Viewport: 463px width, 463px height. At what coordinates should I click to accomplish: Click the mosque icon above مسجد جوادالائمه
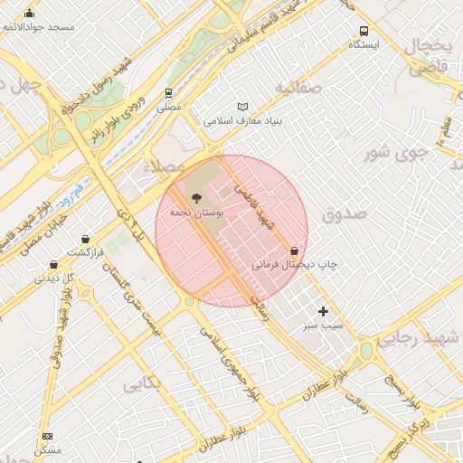(x=30, y=13)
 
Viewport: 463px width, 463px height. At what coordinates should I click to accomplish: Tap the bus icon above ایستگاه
(x=364, y=30)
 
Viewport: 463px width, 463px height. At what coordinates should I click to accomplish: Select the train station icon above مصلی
(x=168, y=93)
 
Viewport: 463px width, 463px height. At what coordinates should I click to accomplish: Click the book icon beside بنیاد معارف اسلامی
(x=241, y=107)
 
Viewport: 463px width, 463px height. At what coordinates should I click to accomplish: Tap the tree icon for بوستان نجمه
(x=195, y=197)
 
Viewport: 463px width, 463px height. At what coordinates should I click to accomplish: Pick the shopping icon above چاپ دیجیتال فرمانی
(x=294, y=250)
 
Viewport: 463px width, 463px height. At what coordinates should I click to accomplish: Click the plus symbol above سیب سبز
(x=323, y=311)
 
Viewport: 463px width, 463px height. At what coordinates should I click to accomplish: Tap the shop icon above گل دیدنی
(x=54, y=265)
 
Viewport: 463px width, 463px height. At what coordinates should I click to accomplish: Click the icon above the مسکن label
(x=47, y=436)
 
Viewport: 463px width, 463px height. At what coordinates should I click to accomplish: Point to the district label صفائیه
(x=298, y=88)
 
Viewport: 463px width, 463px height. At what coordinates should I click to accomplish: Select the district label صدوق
(x=345, y=214)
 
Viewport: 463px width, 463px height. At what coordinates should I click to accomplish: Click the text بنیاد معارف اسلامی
(x=243, y=120)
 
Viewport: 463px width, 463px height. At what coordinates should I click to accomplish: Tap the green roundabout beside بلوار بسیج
(x=366, y=351)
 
